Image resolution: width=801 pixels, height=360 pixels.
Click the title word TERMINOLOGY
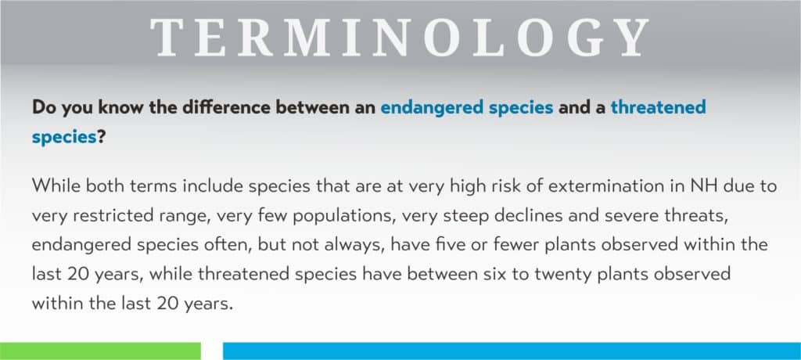click(400, 38)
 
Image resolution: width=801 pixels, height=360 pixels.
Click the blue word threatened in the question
click(658, 107)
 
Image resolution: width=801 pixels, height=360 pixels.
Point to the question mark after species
click(101, 137)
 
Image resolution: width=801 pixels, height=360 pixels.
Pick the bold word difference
click(233, 107)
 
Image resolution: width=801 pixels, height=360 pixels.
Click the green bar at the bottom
click(100, 351)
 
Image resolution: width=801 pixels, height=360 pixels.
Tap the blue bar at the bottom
click(512, 351)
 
